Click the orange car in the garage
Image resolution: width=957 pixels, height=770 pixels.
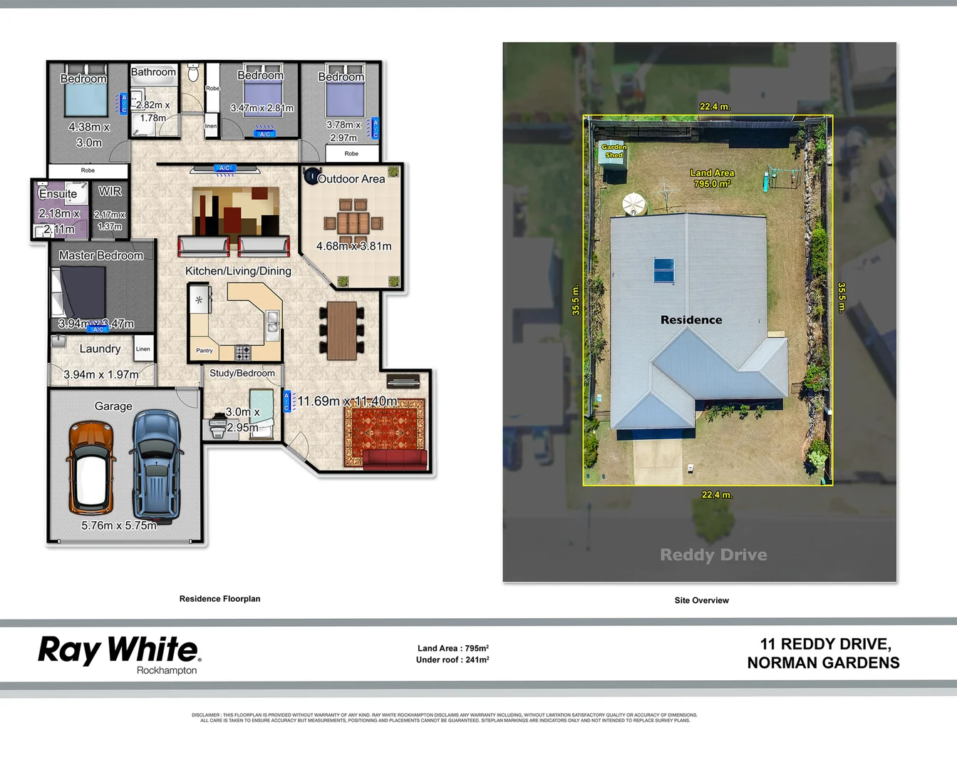[91, 468]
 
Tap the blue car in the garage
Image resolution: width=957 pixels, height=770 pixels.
[156, 465]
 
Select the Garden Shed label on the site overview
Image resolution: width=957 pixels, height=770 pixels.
[614, 150]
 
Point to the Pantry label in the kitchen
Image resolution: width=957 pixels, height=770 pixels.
[205, 350]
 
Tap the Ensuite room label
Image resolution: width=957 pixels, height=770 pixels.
[58, 194]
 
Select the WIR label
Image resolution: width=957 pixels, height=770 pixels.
[110, 191]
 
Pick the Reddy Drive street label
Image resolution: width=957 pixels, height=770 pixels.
[713, 555]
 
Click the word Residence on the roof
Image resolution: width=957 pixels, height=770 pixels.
[690, 320]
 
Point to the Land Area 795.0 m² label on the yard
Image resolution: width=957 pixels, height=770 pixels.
[711, 178]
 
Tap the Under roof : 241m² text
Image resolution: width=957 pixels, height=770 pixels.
[452, 660]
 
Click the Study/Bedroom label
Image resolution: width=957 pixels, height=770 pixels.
[242, 373]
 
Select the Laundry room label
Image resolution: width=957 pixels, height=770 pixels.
[100, 349]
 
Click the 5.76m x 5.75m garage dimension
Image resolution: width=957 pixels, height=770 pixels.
[119, 525]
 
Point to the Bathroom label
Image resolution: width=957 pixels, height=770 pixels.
[153, 72]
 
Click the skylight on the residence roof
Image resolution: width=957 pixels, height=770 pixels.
[664, 271]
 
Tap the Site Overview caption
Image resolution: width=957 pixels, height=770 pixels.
[701, 600]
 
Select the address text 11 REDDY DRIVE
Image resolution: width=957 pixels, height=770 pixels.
[825, 644]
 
